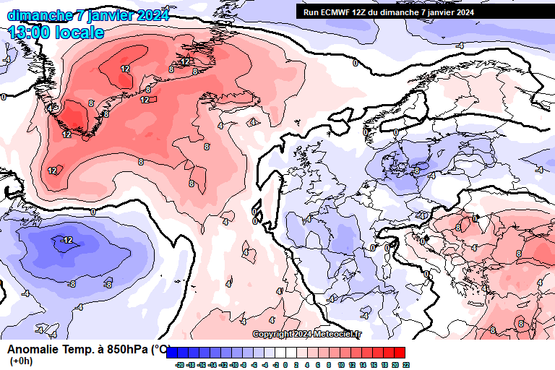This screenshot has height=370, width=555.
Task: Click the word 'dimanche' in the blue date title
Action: pos(40,15)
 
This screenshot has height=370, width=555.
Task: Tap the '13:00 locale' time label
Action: pos(56,33)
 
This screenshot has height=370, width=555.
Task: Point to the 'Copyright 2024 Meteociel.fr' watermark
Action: pos(307,334)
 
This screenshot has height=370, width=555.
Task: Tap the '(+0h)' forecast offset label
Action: pos(22,361)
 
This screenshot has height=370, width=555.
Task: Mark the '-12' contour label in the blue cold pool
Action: pos(66,240)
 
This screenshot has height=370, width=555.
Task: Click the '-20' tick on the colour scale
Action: pos(178,365)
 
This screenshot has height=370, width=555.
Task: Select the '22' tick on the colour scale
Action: pos(406,365)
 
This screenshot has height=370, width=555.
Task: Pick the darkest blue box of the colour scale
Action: pos(173,353)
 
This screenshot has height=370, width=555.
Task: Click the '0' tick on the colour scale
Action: pos(285,365)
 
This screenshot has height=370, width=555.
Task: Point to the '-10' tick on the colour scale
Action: pos(233,365)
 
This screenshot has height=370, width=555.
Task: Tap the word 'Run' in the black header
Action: pos(311,12)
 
